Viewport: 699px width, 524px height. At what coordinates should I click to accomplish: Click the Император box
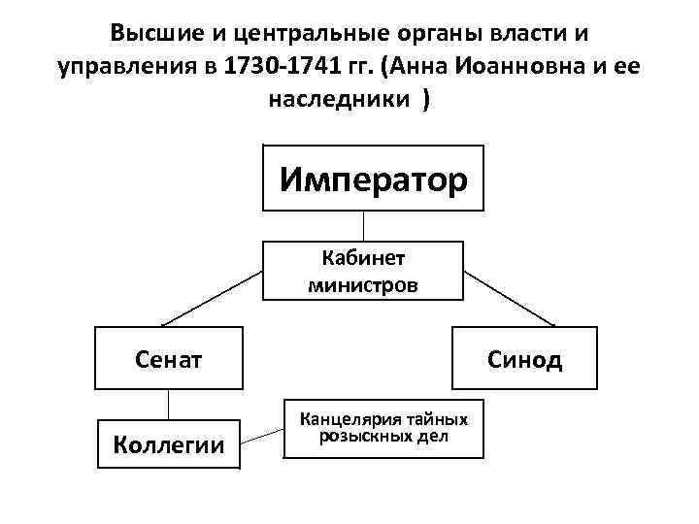373,178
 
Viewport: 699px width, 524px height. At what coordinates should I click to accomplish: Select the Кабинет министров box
363,272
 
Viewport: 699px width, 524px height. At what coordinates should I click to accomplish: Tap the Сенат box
168,360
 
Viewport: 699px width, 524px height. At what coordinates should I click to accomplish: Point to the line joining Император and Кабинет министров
363,226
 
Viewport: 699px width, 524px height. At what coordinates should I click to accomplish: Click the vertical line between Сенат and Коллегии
169,406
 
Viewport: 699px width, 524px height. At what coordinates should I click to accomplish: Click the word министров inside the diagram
363,285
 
